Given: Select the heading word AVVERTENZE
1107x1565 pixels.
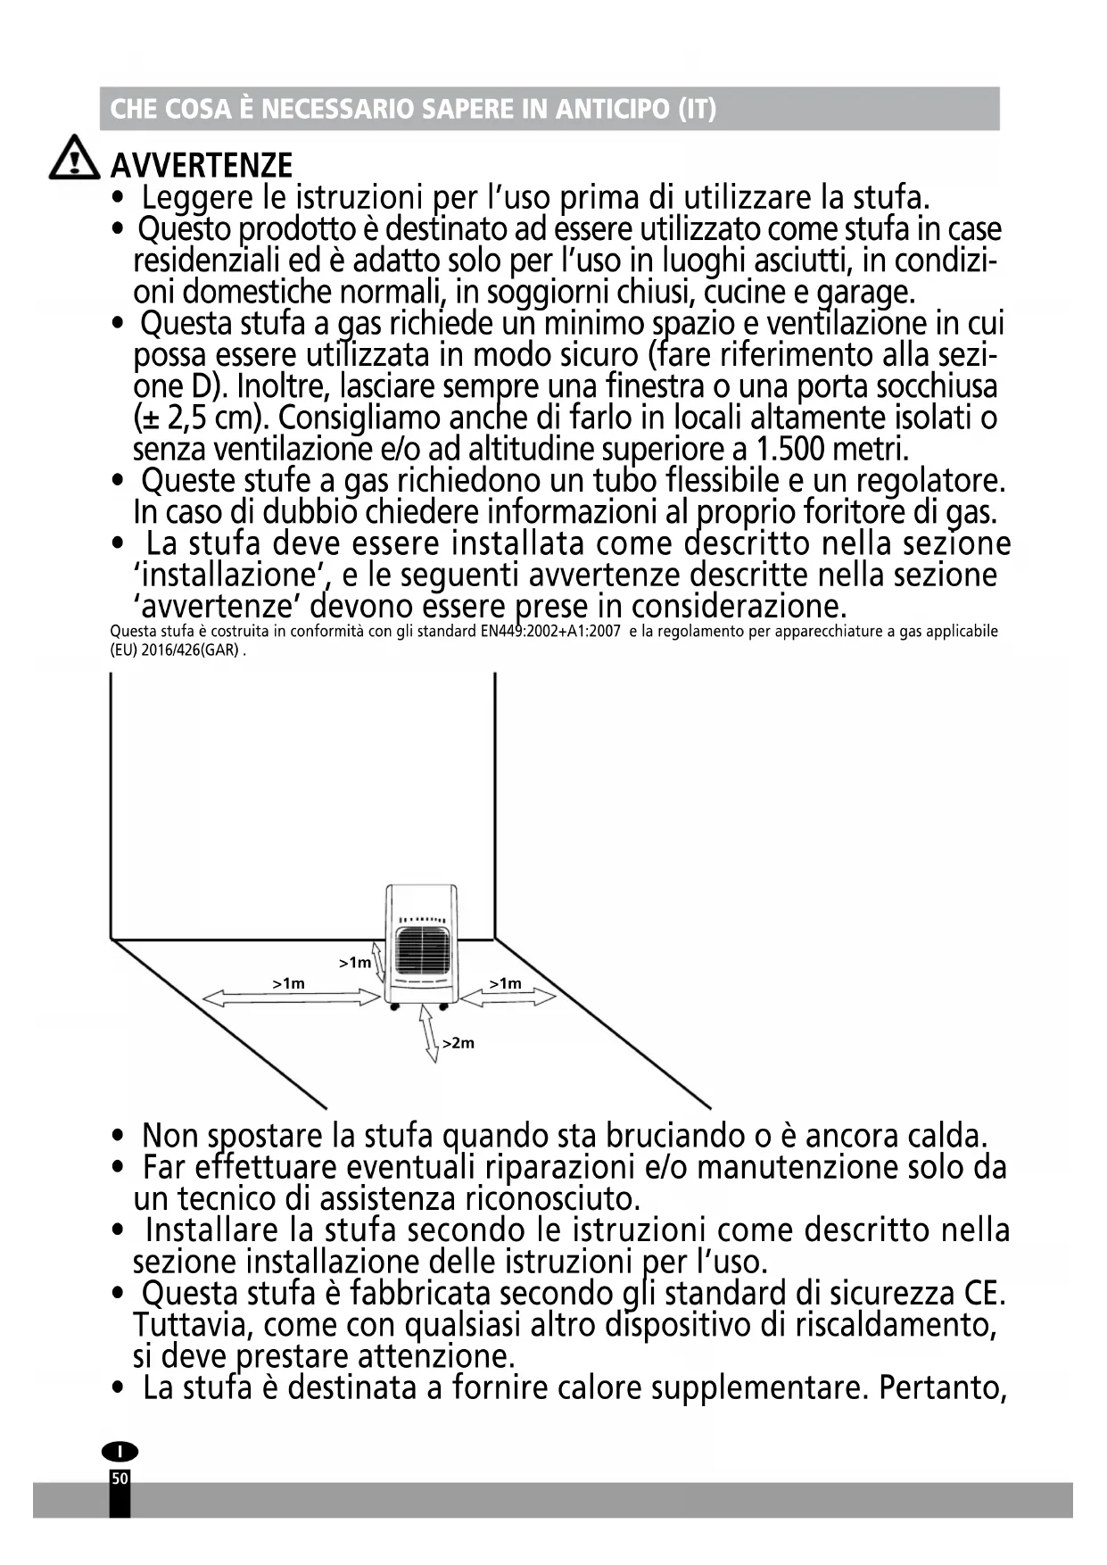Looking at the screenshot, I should (201, 165).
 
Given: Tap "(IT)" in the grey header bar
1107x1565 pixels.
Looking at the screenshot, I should (697, 109).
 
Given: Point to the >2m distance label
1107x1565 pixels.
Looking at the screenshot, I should (459, 1043).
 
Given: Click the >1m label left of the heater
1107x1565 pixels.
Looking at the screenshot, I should (289, 983).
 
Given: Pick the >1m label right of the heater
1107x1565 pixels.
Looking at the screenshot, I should (506, 983).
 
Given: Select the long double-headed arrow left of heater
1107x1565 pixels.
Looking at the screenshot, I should (292, 998).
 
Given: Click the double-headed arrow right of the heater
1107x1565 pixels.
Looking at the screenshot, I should (508, 998).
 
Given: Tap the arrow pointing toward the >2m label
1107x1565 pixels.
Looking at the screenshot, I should (430, 1037).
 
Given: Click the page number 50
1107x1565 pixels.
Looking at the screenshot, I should (120, 1478).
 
